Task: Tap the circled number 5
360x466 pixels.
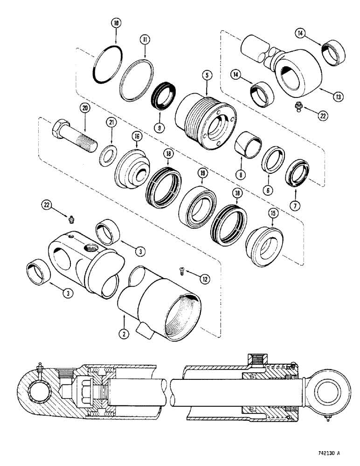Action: (205, 74)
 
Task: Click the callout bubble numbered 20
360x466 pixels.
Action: (84, 108)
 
